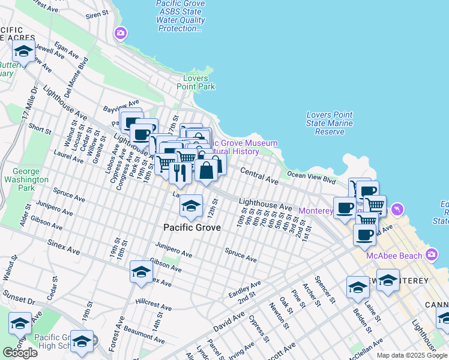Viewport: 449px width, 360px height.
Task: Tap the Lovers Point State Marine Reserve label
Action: (x=329, y=123)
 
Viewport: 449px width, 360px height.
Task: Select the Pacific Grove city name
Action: (x=192, y=227)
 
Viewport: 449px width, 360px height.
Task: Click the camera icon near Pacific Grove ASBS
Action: (x=121, y=33)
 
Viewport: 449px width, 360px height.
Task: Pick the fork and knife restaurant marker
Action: (x=180, y=173)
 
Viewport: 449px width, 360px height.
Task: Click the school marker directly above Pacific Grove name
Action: (x=191, y=208)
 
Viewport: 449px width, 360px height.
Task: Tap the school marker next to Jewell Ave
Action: (x=23, y=52)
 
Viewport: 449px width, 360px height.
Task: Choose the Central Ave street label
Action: (x=259, y=176)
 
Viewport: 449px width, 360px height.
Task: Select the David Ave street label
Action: (x=228, y=319)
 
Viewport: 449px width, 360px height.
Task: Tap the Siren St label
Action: (x=97, y=14)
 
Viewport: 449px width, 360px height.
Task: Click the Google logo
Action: (x=20, y=352)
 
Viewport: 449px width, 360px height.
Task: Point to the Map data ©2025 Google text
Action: (x=412, y=355)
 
